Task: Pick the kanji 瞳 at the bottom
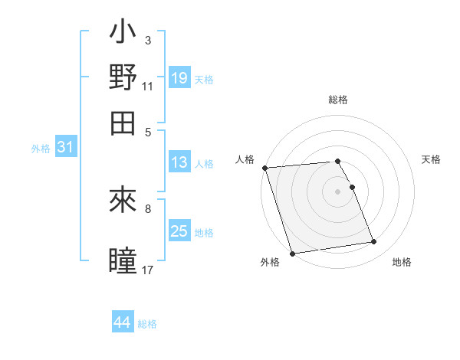(123, 260)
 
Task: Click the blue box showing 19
(179, 78)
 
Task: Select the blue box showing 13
(179, 162)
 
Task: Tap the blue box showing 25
(179, 232)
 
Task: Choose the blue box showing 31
(65, 148)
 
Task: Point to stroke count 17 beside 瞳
(148, 270)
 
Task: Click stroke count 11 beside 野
(148, 87)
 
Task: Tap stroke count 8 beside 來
(148, 208)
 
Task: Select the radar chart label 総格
(338, 100)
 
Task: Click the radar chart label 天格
(431, 159)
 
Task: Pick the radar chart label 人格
(245, 159)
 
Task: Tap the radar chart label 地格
(402, 263)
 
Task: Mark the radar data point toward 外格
(293, 253)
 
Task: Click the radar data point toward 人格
(264, 168)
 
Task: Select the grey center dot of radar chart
(338, 191)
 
